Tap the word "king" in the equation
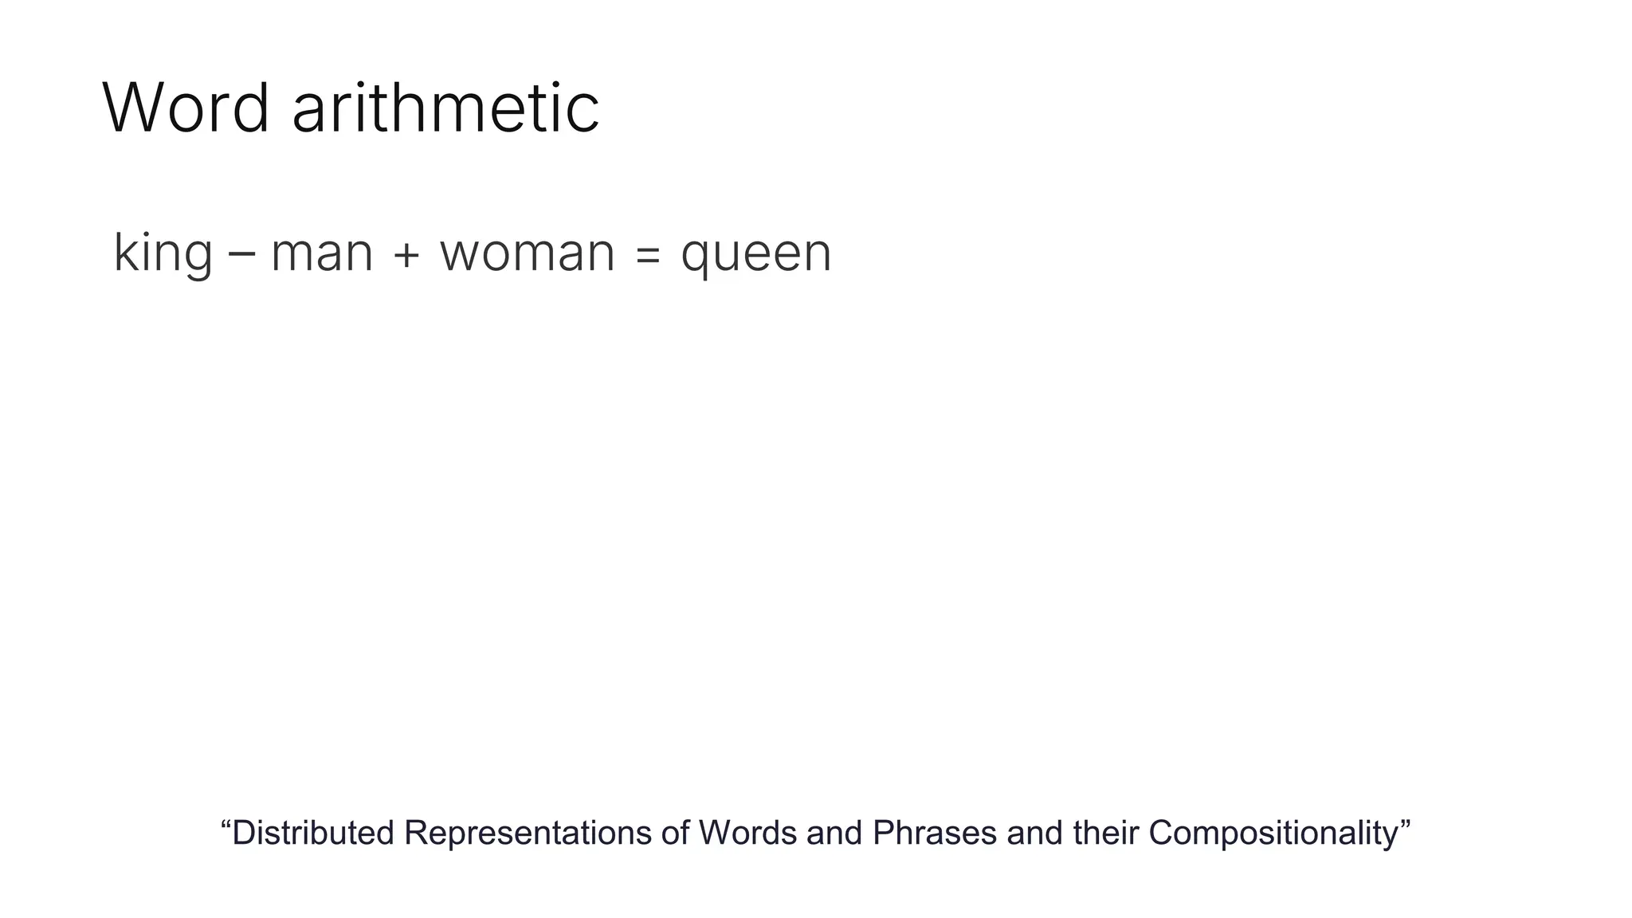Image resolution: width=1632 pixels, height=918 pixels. click(163, 253)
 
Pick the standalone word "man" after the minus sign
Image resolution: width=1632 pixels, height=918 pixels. click(322, 253)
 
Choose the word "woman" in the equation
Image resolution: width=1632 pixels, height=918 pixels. click(528, 253)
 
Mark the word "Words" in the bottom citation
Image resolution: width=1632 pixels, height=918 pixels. click(747, 833)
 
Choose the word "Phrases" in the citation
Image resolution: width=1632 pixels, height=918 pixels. click(934, 833)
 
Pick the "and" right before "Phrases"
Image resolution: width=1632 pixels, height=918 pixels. click(834, 833)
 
